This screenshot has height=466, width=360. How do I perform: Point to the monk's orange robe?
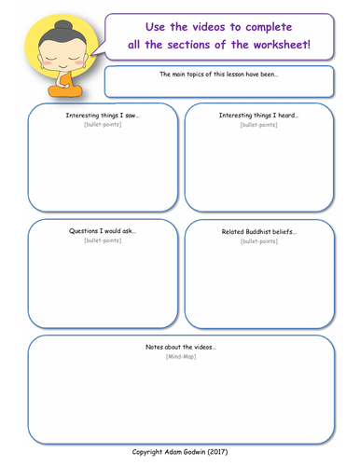coord(63,89)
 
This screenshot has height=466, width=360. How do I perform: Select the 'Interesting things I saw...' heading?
coord(103,116)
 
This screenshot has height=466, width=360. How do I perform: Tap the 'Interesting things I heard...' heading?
coord(258,116)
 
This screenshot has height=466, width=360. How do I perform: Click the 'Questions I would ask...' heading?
coord(103,230)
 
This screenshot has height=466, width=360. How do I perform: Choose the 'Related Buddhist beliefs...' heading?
coord(258,231)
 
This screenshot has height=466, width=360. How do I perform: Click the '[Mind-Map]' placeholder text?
coord(180,356)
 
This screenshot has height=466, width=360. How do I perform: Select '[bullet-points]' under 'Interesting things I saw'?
coord(103,125)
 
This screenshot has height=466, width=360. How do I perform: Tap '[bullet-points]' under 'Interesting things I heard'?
coord(258,125)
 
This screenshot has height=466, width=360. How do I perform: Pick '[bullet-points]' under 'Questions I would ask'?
coord(103,240)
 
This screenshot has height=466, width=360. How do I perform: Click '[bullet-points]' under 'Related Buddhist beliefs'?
coord(258,241)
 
